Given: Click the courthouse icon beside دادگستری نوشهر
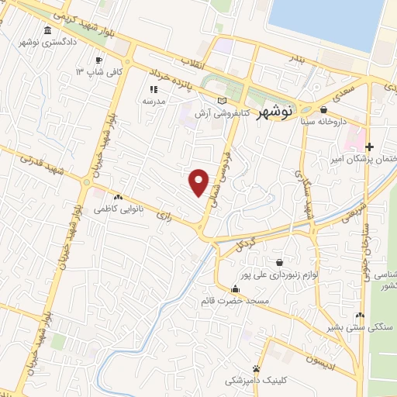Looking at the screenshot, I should point(49,30).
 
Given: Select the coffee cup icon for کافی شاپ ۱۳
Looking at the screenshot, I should point(98,60).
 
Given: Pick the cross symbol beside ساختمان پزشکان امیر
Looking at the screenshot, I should point(370,147).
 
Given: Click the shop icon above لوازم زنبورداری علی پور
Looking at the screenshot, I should point(279,262).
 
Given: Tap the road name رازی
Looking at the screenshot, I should point(164,212).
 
